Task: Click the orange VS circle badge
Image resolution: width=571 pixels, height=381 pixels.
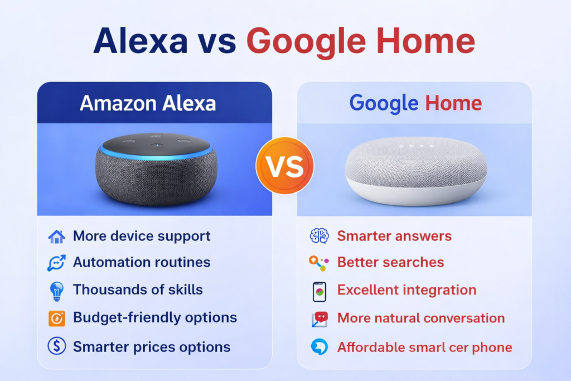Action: coord(284,166)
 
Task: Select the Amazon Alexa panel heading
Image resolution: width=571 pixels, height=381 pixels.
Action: coord(147,103)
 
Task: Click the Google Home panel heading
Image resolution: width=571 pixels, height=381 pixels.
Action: coord(415,103)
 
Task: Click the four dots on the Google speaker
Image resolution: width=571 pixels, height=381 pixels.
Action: coord(414,147)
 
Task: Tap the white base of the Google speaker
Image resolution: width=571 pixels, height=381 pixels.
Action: coord(415,193)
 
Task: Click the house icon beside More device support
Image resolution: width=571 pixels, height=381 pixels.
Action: coord(56,237)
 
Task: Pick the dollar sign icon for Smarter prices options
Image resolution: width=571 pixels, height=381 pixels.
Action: coord(56,346)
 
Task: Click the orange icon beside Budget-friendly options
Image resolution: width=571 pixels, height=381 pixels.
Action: coord(56,319)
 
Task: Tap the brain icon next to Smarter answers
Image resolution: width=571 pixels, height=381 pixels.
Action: coord(319,236)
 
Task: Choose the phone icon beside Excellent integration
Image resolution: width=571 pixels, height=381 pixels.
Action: coord(319,291)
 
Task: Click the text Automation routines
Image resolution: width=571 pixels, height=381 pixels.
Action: coord(142,262)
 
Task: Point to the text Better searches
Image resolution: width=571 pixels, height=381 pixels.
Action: coord(390,262)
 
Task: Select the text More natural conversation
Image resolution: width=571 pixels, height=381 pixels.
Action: coord(421,318)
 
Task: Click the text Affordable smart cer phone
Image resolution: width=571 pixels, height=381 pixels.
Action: coord(424,347)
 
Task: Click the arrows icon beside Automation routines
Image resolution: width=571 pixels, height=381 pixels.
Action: coord(56,263)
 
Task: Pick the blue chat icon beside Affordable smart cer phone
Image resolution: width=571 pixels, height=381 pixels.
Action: coord(319,347)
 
